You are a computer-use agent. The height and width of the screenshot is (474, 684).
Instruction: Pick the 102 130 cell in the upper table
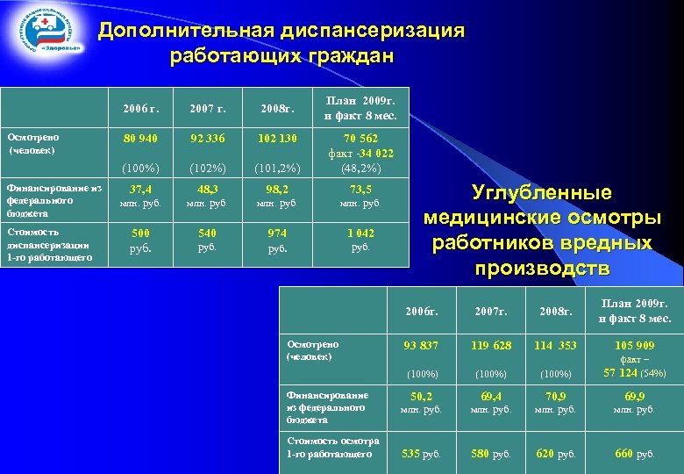pos(277,138)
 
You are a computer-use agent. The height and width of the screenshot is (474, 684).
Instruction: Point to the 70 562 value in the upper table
pos(360,138)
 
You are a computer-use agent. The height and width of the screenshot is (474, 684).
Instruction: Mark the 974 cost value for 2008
pos(277,233)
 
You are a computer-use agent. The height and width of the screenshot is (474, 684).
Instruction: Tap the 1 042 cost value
pos(360,233)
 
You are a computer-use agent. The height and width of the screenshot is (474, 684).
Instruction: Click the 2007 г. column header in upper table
pos(208,109)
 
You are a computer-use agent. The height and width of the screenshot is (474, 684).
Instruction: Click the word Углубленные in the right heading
pos(541,193)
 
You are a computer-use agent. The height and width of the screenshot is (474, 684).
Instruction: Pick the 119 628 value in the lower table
pos(489,346)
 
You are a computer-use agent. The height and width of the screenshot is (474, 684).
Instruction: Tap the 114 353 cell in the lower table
pos(556,346)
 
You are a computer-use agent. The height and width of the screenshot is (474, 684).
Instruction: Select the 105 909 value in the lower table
pos(634,346)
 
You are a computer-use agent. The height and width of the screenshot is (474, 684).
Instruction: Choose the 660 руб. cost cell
pos(634,453)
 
